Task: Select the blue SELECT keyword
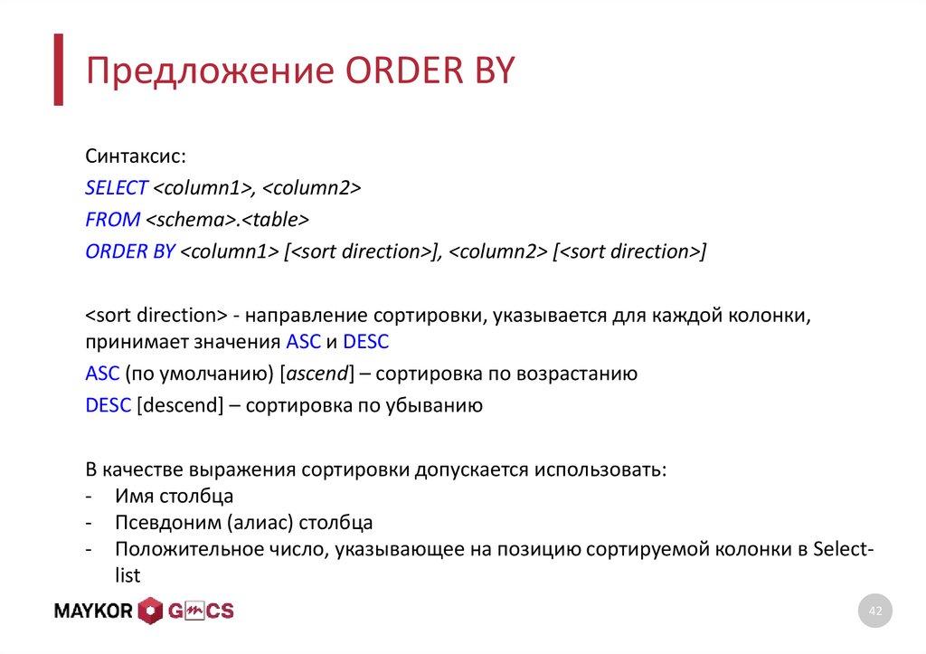point(116,188)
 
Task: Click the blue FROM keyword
point(113,220)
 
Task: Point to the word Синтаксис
point(136,156)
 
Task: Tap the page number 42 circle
point(874,612)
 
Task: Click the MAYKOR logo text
point(94,611)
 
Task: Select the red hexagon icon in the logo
point(151,611)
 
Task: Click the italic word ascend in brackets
point(317,374)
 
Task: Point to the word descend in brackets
point(179,405)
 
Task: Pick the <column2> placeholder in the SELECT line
point(312,188)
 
